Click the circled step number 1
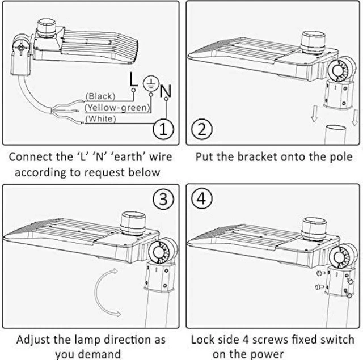pos(163,129)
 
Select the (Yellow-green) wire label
pos(117,107)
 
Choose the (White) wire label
pos(100,118)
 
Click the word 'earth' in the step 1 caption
pos(123,156)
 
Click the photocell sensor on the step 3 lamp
pos(132,222)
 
